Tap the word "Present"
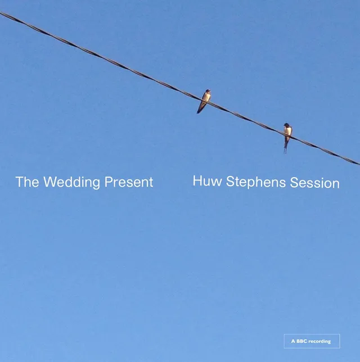129,183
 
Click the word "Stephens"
256,183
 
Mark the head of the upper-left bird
208,91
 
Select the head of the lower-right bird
287,125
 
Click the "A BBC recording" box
312,341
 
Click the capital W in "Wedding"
49,183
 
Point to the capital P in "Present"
108,183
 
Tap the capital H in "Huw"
197,182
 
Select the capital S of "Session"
294,183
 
